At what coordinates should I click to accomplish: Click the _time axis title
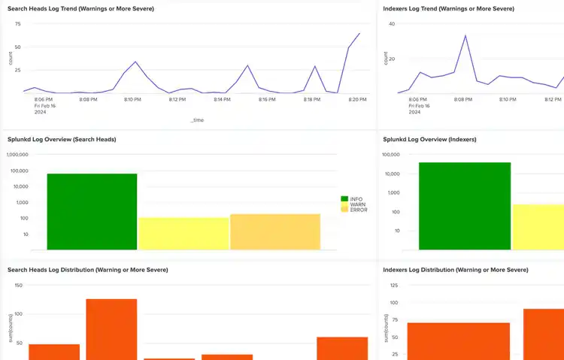[x=197, y=119]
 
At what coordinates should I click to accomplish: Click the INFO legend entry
[x=355, y=199]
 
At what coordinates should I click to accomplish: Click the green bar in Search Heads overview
[x=92, y=212]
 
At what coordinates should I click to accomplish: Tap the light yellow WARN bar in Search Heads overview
[x=183, y=234]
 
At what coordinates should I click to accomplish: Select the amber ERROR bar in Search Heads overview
[x=275, y=231]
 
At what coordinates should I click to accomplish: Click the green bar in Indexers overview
[x=465, y=206]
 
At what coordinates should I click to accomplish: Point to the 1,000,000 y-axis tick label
[x=18, y=155]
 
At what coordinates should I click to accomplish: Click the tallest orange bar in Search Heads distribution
[x=111, y=329]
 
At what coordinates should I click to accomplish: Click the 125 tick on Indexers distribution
[x=393, y=286]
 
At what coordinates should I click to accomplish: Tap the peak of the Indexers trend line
[x=465, y=35]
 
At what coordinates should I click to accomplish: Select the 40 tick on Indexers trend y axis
[x=391, y=23]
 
